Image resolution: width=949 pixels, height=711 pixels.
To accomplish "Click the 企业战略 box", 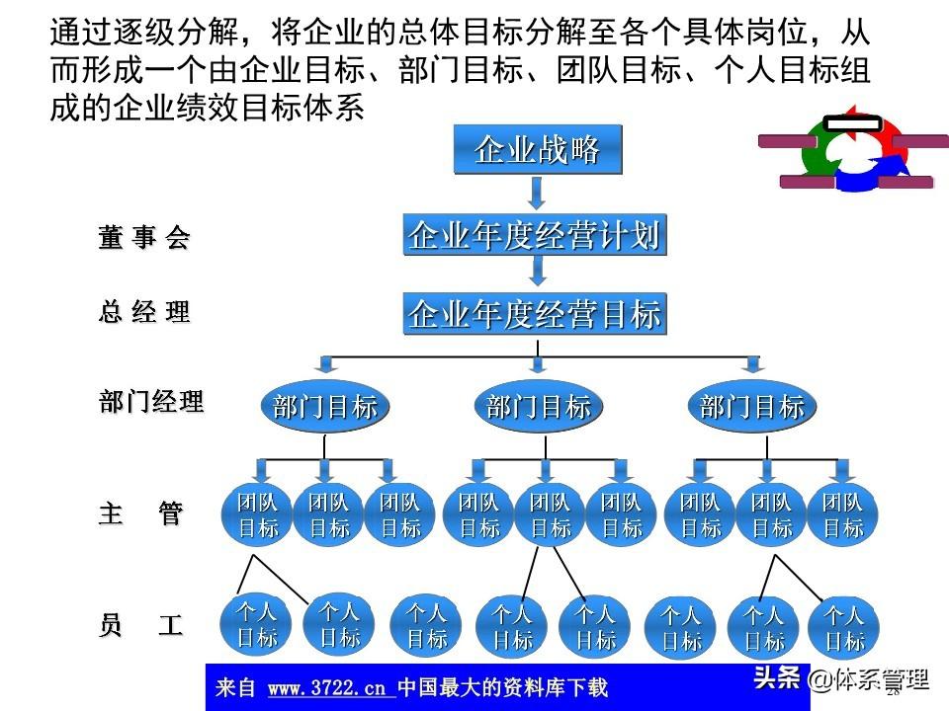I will click(538, 150).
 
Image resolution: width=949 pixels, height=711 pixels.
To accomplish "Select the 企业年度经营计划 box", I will click(535, 236).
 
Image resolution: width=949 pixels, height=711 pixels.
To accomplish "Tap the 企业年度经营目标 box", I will click(535, 315).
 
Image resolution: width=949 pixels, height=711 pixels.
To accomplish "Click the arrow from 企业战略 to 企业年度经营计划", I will click(537, 194).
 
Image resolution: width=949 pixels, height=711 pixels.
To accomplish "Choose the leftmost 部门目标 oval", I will click(325, 406).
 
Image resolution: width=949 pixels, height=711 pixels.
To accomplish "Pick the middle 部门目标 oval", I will click(539, 406).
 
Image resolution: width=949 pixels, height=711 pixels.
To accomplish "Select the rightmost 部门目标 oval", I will click(752, 406).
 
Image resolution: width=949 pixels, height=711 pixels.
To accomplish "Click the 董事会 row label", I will click(143, 238).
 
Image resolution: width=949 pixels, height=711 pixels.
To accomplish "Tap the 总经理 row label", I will click(143, 313).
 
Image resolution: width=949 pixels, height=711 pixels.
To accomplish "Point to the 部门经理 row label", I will click(150, 402).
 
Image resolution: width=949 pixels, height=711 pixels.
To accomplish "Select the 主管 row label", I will click(140, 513).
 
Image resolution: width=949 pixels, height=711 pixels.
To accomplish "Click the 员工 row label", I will click(140, 626).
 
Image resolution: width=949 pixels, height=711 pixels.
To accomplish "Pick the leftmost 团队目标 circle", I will click(258, 515).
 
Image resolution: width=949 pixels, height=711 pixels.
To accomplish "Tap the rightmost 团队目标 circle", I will click(843, 515).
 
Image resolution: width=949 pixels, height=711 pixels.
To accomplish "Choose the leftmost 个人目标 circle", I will click(257, 624).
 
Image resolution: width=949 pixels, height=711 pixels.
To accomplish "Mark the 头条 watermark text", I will click(777, 678).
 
